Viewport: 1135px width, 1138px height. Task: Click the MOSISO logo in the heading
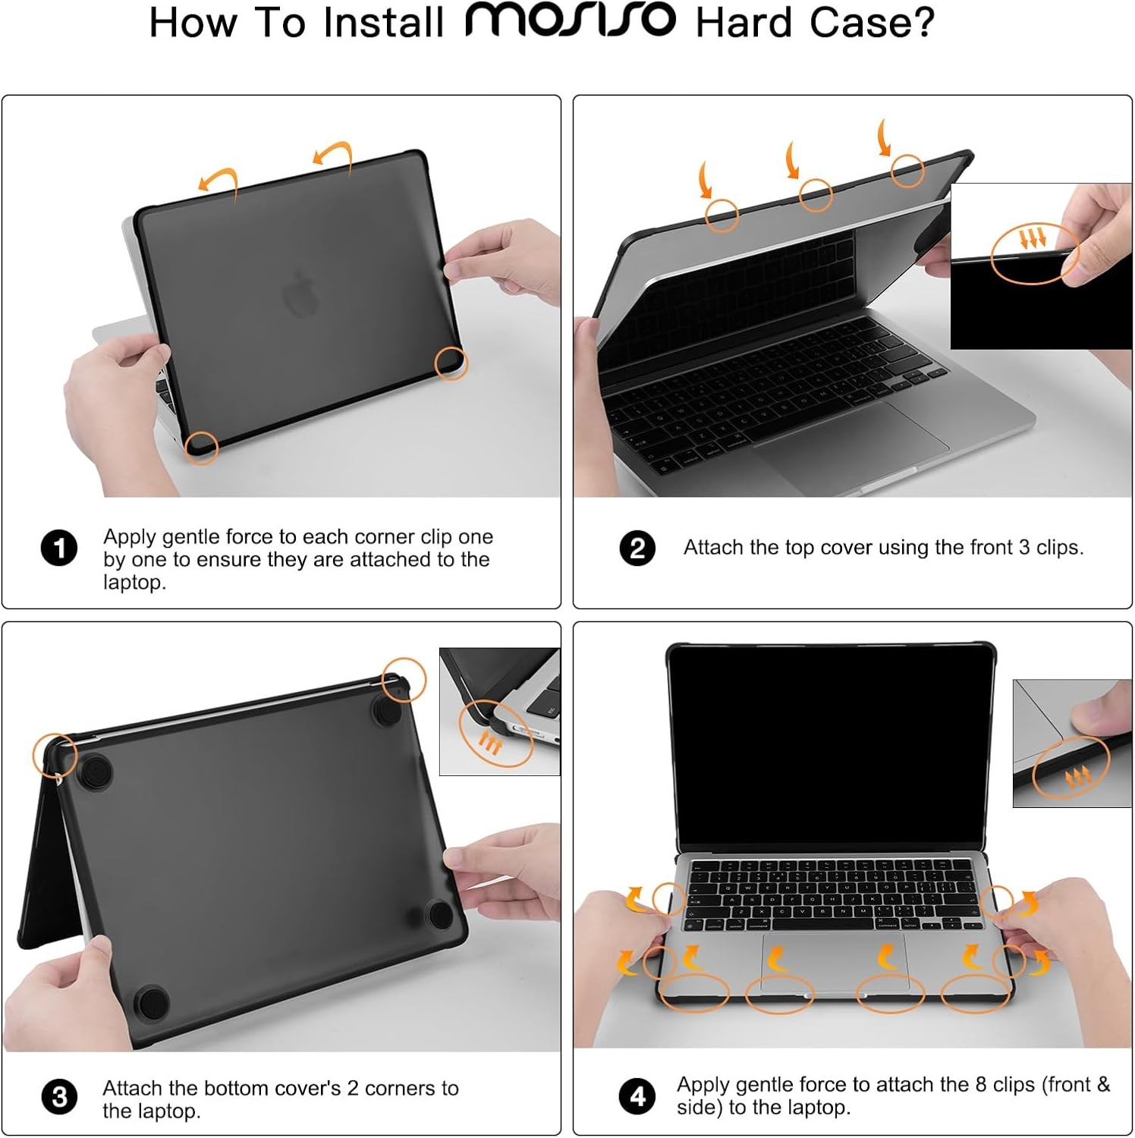[x=570, y=20]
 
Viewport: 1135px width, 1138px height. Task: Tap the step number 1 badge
[x=59, y=549]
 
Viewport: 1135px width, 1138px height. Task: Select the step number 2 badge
[x=637, y=549]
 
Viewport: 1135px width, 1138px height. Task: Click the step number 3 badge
[x=59, y=1098]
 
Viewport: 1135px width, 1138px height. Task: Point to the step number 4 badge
[x=637, y=1096]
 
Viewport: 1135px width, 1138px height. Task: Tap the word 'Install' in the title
[x=383, y=23]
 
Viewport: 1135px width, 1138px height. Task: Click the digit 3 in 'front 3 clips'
[x=1024, y=547]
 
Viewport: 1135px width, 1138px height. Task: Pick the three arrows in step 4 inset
[x=1077, y=776]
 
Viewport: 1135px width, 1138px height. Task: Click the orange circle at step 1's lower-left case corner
[x=201, y=447]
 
